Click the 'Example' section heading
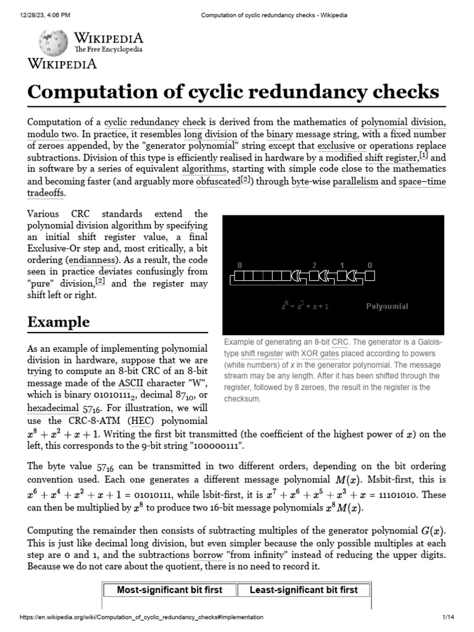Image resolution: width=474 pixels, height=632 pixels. click(58, 322)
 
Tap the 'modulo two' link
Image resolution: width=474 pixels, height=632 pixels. click(51, 134)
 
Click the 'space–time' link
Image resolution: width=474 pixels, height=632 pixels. click(422, 181)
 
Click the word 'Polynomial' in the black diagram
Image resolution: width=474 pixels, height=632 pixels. click(387, 306)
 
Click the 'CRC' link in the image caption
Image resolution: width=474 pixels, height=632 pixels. click(340, 342)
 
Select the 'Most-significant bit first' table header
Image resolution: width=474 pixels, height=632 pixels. click(170, 590)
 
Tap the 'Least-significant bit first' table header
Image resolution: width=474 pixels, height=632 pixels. click(303, 590)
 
